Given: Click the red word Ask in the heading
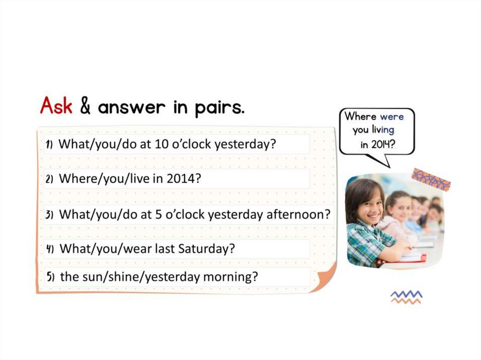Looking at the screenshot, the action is click(x=56, y=106).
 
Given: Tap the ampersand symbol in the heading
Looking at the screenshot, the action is click(x=85, y=106).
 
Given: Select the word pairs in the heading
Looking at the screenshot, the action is click(x=219, y=107).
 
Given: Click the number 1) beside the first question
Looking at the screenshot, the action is click(x=49, y=145).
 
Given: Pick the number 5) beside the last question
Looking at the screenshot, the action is click(x=51, y=277).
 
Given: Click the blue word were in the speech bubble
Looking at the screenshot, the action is click(x=392, y=117).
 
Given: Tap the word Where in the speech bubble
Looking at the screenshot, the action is click(x=360, y=116).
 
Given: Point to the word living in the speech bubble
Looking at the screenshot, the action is click(x=383, y=130).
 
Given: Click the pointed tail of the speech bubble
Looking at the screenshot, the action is click(x=389, y=167).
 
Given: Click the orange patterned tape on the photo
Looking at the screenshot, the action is click(x=431, y=180).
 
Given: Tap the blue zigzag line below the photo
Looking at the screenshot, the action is click(x=406, y=294).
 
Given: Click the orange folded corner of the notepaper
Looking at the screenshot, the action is click(x=326, y=278).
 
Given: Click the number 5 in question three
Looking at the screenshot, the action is click(x=158, y=214).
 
